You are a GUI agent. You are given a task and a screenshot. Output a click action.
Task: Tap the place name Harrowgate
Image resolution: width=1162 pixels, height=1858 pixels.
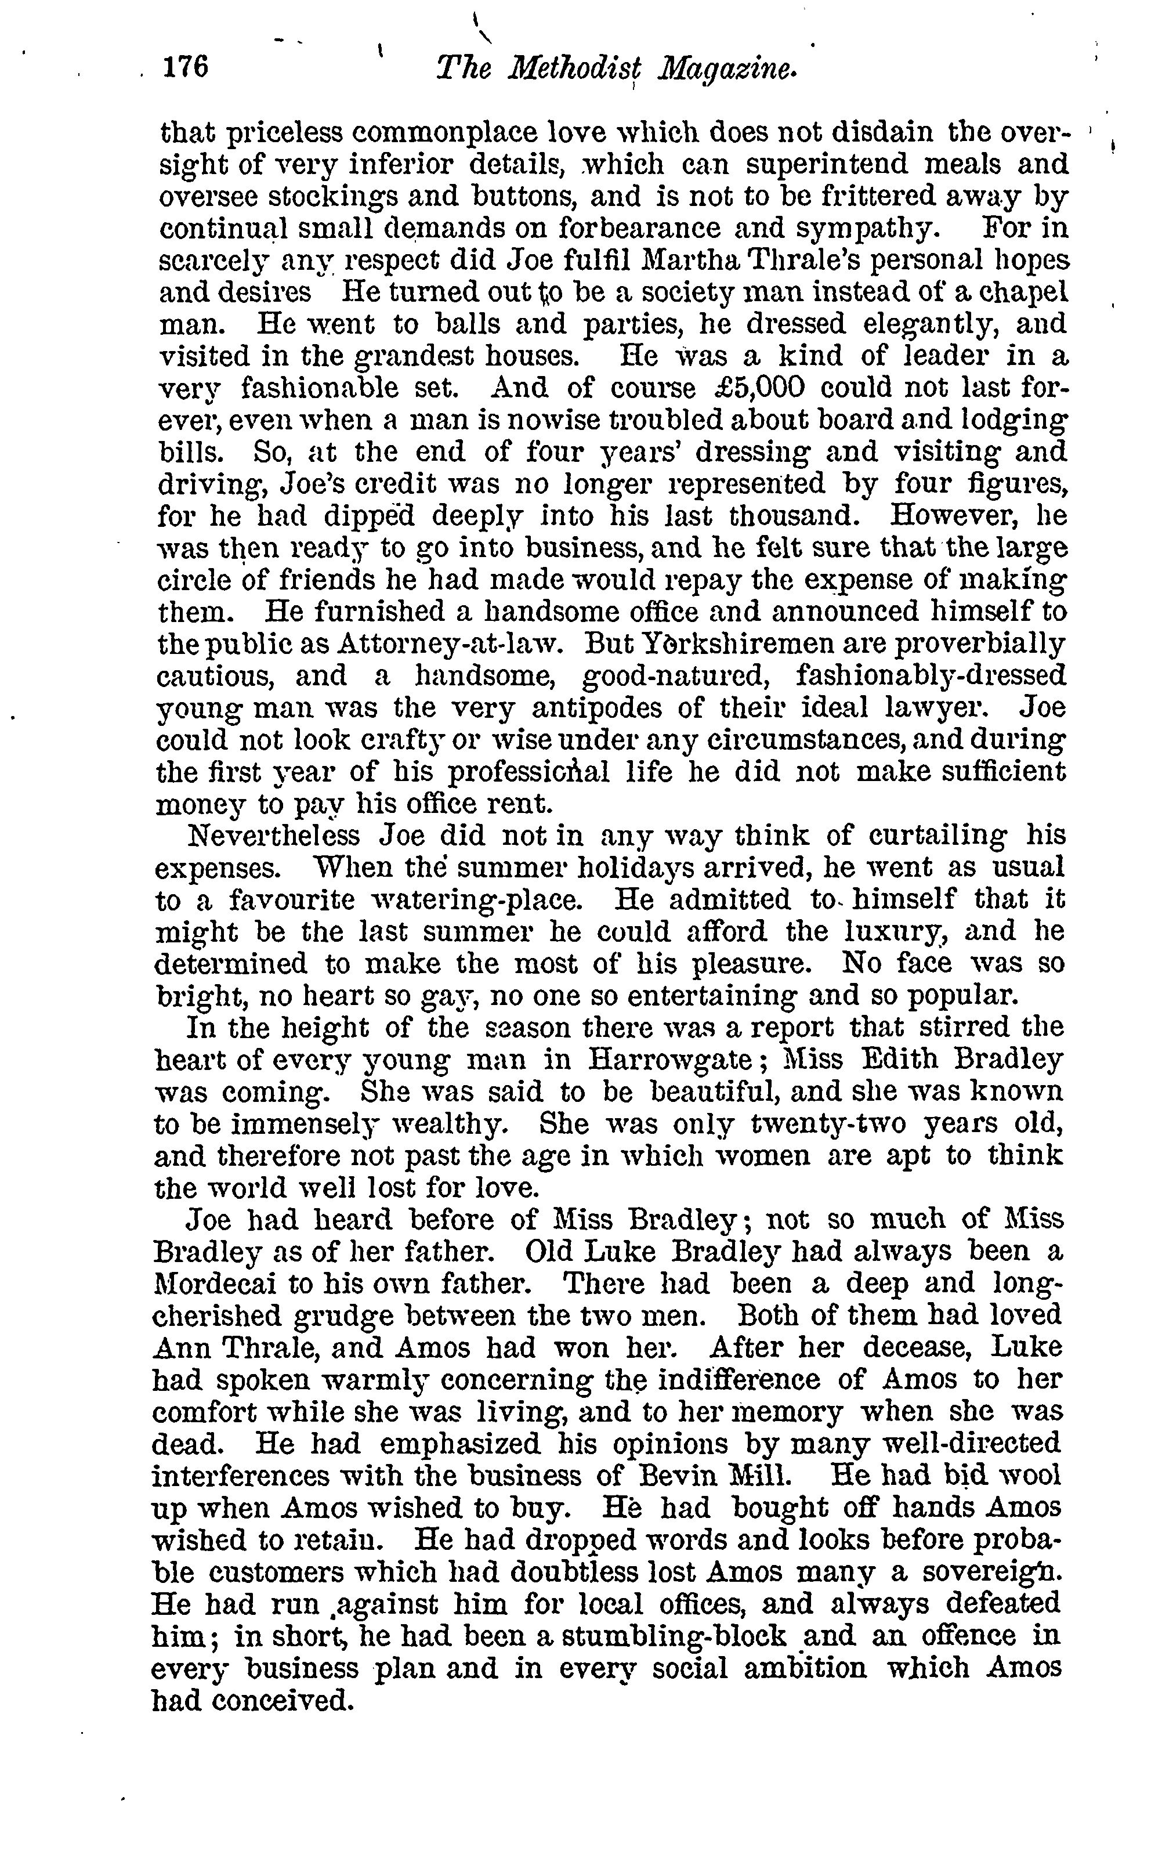coord(669,1061)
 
